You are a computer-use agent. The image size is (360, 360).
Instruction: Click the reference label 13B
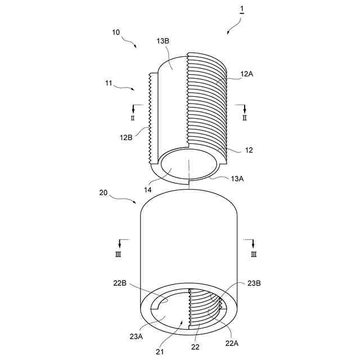163,41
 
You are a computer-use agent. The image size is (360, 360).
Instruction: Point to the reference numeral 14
147,190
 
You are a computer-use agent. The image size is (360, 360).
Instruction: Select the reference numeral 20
103,192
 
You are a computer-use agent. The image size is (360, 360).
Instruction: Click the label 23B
254,283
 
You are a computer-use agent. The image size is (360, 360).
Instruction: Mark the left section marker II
133,119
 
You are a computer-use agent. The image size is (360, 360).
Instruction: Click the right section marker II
244,119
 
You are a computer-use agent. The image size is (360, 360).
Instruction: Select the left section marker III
119,254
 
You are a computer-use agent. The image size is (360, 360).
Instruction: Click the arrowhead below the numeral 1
228,33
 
